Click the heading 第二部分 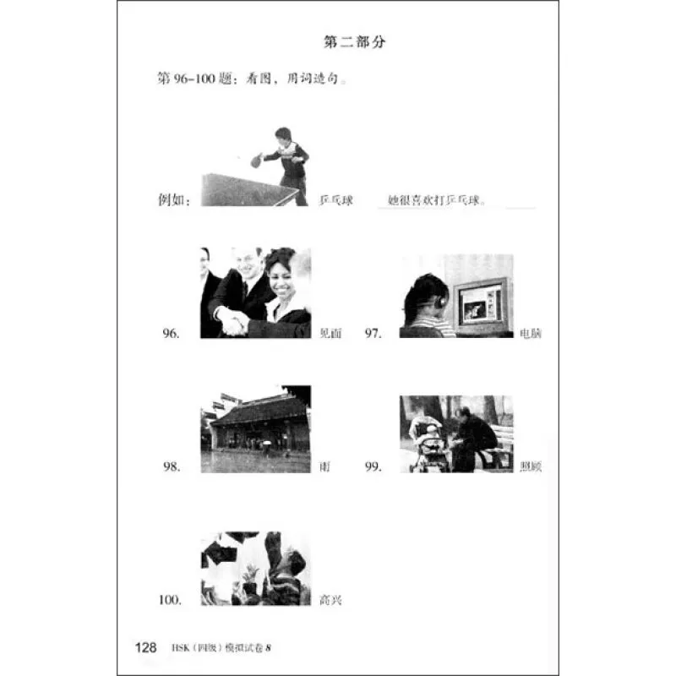pos(354,41)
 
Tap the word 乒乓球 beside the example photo pos(335,200)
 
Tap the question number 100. pos(170,600)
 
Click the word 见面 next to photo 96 pos(330,334)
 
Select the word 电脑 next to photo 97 pos(532,334)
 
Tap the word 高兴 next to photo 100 pos(330,601)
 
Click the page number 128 pos(145,648)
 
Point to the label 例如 pos(174,200)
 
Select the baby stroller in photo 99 pos(428,448)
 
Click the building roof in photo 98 pos(258,410)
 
